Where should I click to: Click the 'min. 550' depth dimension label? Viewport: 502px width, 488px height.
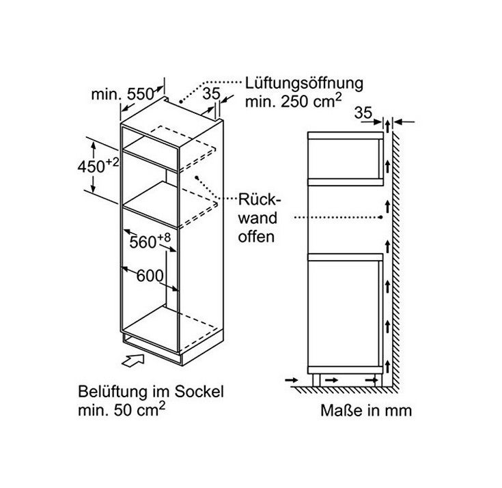123,94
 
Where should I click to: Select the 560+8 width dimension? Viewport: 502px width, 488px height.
150,242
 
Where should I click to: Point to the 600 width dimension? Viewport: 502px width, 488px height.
150,276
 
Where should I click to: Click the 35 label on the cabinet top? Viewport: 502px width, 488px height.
212,94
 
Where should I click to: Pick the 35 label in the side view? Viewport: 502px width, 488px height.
363,113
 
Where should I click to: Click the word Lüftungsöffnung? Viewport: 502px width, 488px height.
304,83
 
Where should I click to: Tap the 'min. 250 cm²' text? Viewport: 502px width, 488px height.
293,101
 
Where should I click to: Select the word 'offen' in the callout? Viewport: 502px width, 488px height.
256,237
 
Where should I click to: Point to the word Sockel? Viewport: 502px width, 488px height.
199,392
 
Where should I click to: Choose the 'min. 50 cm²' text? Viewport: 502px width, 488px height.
122,410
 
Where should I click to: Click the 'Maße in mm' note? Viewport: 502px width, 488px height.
366,411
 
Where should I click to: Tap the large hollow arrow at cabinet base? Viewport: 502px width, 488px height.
133,360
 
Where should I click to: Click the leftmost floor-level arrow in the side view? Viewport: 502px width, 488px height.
292,380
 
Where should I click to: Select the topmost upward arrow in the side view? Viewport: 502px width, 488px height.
388,126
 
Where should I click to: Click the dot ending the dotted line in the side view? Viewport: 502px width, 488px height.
380,217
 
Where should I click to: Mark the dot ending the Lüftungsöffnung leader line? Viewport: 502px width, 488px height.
180,102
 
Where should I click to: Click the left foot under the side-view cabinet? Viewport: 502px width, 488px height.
316,380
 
